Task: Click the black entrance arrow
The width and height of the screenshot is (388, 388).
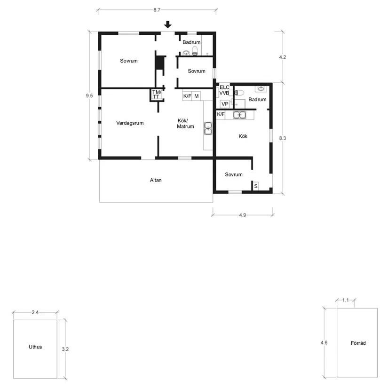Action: (x=168, y=24)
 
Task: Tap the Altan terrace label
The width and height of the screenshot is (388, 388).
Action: (x=156, y=180)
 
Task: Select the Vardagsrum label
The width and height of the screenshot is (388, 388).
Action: (x=130, y=123)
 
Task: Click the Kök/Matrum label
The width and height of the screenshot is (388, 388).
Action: (x=185, y=124)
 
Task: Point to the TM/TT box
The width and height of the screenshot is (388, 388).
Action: (x=157, y=95)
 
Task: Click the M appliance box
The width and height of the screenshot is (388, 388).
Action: (x=197, y=96)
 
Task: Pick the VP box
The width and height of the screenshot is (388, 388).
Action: (x=225, y=104)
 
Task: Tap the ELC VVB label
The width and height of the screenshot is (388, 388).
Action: (x=224, y=90)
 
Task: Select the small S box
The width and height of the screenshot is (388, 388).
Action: (x=256, y=186)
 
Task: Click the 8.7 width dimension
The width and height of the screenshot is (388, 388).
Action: (x=157, y=10)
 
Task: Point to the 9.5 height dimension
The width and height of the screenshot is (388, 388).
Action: (x=89, y=95)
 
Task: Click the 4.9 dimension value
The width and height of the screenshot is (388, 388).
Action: (x=243, y=215)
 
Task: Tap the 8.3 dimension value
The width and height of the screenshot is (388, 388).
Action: (x=283, y=138)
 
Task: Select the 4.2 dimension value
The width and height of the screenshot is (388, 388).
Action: (x=283, y=57)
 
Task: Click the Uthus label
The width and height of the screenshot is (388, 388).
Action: (x=35, y=347)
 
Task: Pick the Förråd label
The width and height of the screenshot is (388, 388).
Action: (x=358, y=343)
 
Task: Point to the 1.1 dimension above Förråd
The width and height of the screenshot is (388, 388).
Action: (x=346, y=300)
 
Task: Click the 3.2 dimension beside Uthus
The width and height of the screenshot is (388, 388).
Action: (x=65, y=349)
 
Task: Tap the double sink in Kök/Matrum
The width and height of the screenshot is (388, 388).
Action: (x=208, y=128)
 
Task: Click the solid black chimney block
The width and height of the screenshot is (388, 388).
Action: (x=159, y=63)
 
